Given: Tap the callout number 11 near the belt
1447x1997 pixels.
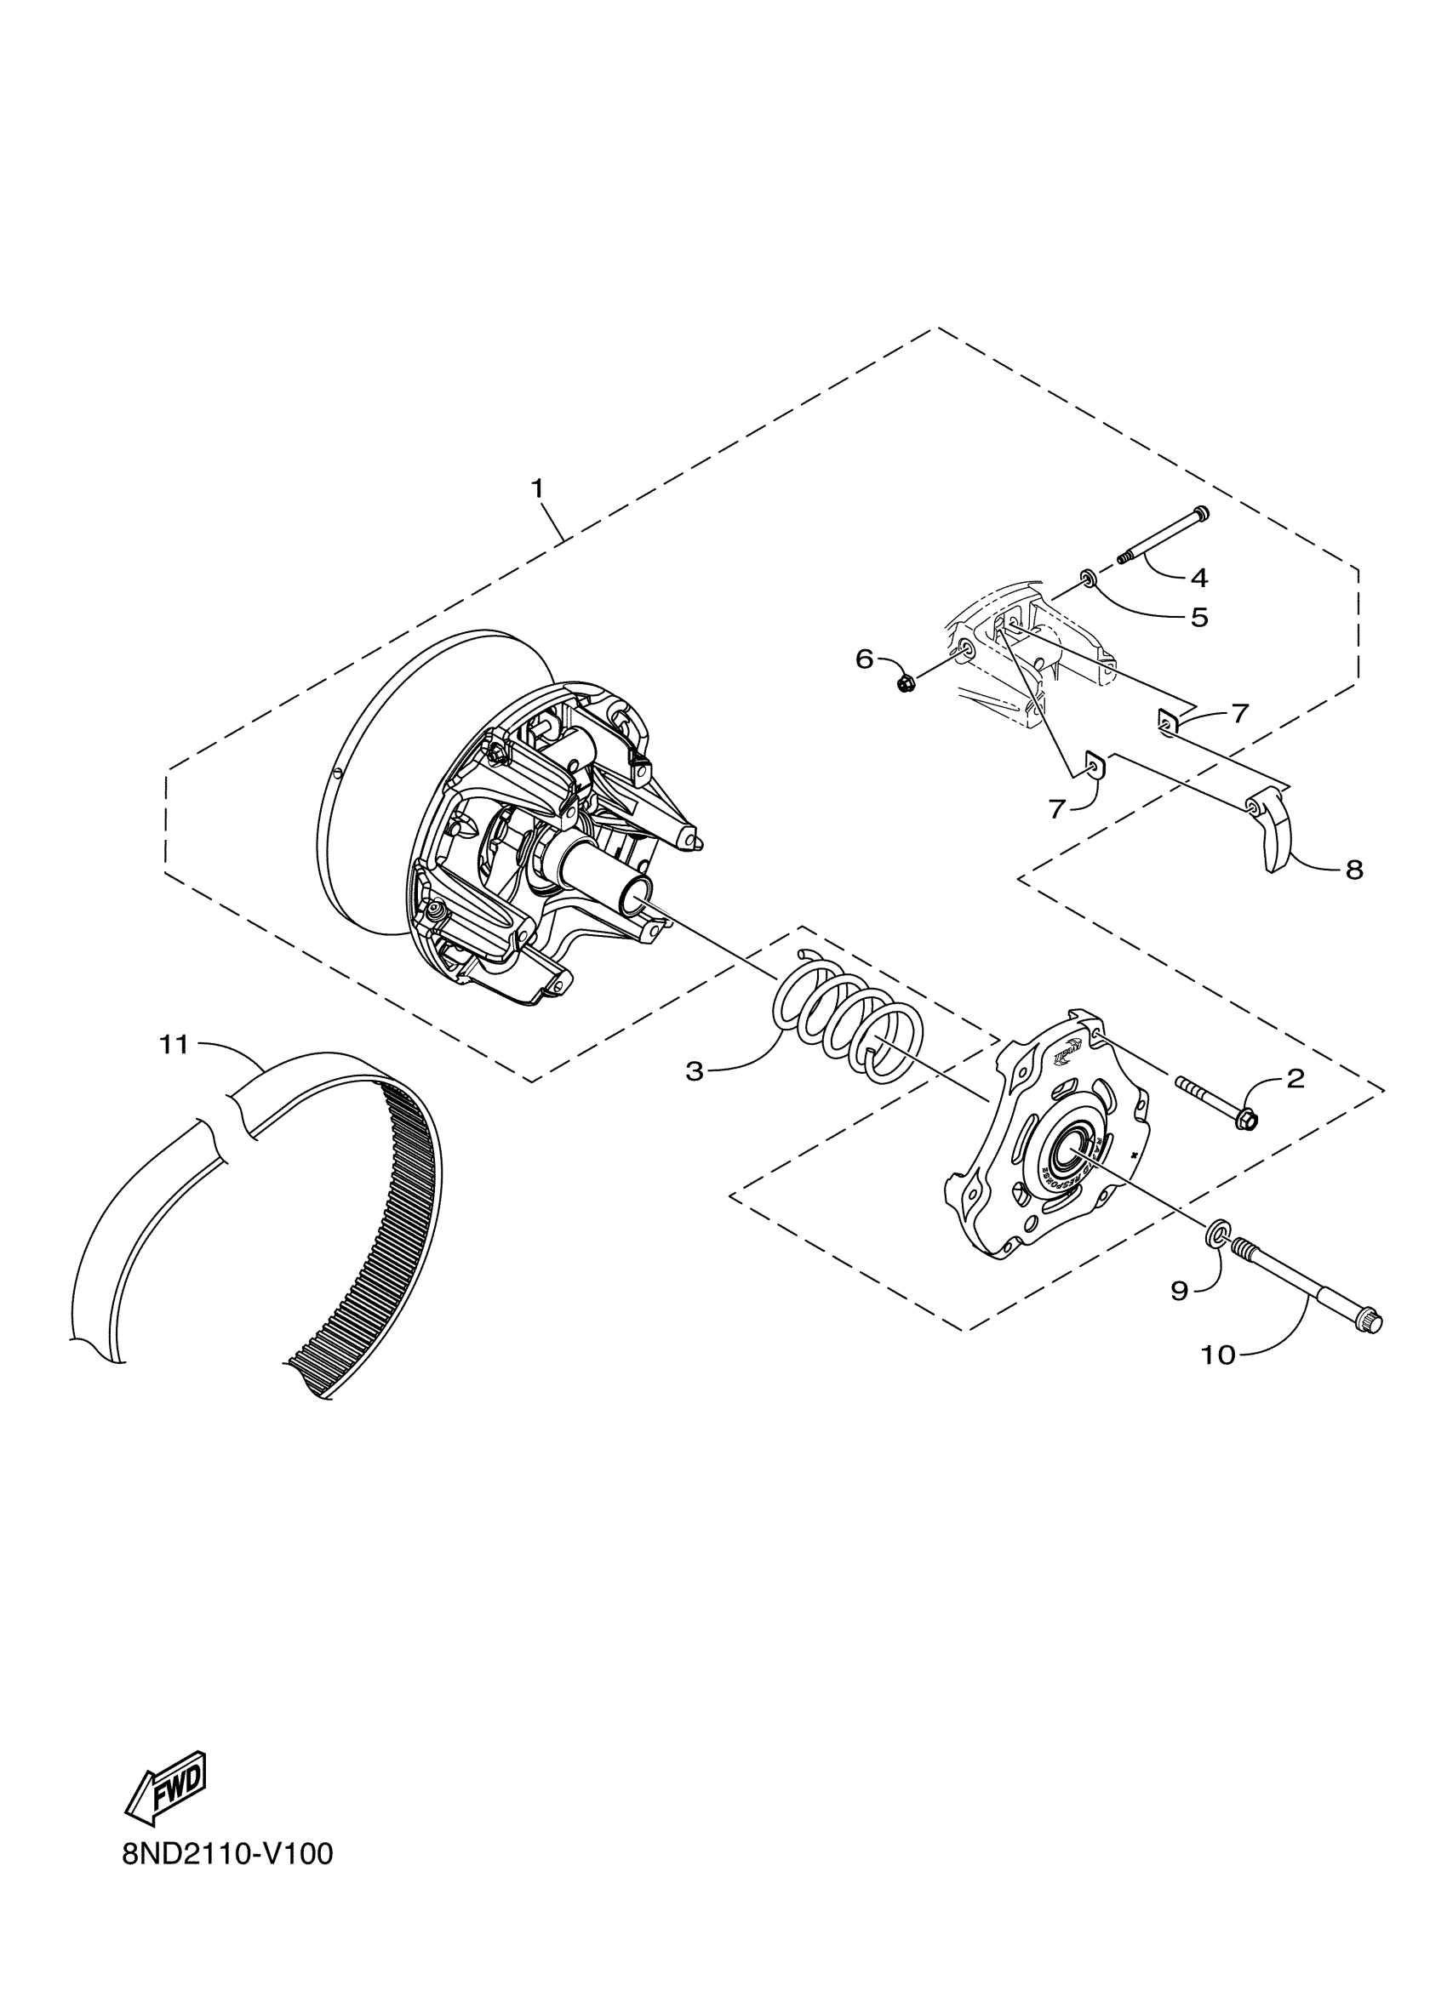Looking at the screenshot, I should coord(174,1044).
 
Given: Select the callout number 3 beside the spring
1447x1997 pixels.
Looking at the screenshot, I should coord(695,1071).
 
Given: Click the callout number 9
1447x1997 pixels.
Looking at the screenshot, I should coord(1180,1291).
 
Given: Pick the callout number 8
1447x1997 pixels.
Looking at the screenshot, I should coord(1353,870).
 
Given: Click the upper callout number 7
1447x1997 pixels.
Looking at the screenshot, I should coord(1240,713).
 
